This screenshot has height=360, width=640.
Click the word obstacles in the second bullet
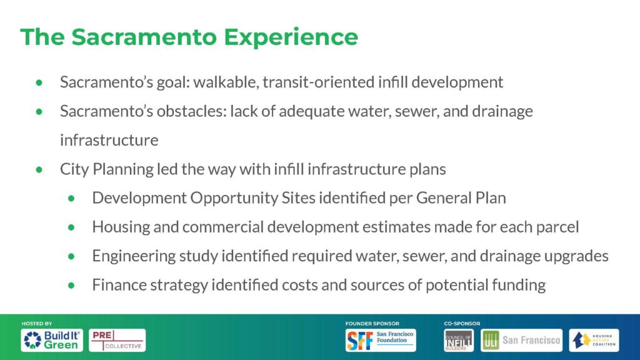click(191, 111)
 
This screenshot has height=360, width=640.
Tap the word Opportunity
click(235, 198)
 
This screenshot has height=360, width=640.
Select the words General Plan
click(461, 198)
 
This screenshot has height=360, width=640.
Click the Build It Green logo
click(52, 340)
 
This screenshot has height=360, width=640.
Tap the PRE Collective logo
click(117, 340)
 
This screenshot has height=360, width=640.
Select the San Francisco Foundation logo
click(381, 340)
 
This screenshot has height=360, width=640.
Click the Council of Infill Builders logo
click(459, 340)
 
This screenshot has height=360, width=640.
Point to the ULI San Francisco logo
click(522, 340)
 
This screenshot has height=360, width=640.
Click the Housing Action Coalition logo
click(594, 340)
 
